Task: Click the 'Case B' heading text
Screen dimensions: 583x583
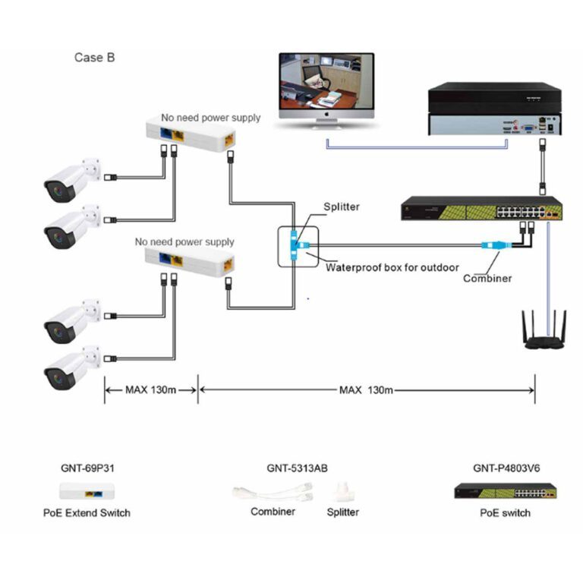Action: point(95,57)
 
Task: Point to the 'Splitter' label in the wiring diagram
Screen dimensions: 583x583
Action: point(342,206)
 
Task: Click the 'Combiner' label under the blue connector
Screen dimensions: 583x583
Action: point(487,279)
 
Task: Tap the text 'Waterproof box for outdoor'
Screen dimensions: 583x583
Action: point(392,267)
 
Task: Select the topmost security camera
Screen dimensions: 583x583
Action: point(72,179)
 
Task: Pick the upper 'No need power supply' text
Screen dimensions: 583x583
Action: point(210,118)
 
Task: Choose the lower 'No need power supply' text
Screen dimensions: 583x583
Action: point(184,242)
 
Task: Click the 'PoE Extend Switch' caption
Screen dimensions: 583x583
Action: point(87,512)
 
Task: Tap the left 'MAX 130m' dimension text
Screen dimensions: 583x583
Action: point(150,390)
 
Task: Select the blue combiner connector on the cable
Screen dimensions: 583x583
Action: point(491,245)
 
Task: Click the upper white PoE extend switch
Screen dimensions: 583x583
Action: point(194,135)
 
